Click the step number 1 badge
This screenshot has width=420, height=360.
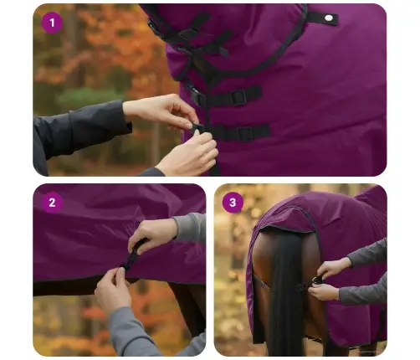pos(53,23)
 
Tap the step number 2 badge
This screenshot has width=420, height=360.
pos(52,202)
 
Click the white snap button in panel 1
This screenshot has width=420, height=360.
pos(329,18)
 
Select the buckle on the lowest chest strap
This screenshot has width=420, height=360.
pos(244,132)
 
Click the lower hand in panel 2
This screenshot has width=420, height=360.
pos(114,290)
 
